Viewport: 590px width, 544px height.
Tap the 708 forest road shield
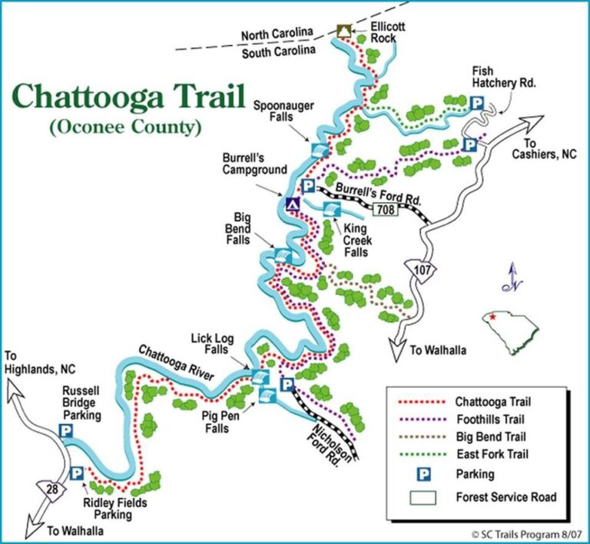click(x=386, y=208)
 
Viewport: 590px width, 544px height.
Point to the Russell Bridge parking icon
click(x=66, y=432)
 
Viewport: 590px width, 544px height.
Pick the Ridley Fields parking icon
click(x=77, y=473)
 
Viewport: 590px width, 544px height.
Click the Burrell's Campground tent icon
click(x=292, y=204)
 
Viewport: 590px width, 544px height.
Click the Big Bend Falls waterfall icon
click(x=282, y=254)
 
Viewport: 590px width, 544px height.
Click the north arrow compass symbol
click(x=507, y=279)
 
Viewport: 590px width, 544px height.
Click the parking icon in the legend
click(x=421, y=474)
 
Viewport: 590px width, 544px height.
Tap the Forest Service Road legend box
click(x=421, y=496)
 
